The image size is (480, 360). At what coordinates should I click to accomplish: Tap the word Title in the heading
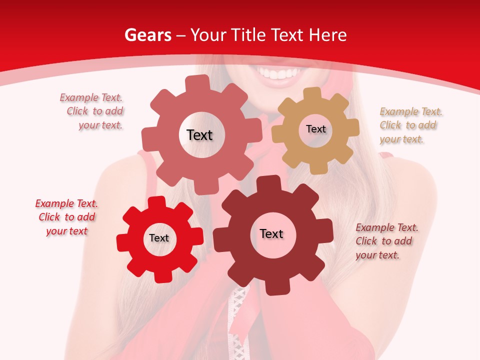coord(250,35)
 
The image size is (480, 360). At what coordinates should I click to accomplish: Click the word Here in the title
coord(327,35)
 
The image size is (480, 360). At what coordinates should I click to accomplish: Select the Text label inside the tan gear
coord(315,129)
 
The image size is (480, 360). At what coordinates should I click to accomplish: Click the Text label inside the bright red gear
coord(159,238)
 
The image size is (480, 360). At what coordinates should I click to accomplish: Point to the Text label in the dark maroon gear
coord(271,233)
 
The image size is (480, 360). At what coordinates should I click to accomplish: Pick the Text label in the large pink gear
coord(199,135)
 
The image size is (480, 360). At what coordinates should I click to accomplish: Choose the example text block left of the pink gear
coord(92,111)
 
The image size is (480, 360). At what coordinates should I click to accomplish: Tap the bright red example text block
coord(66,217)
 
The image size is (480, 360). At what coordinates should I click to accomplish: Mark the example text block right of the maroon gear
coord(386,241)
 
